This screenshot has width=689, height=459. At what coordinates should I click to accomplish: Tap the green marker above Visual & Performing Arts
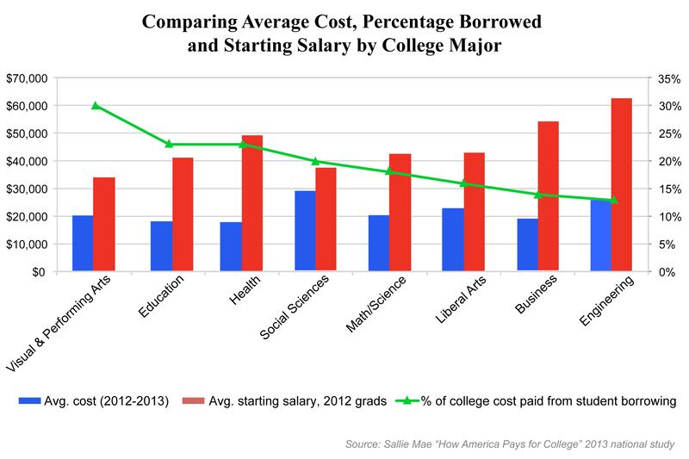[96, 105]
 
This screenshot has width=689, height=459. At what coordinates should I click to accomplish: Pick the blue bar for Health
[231, 246]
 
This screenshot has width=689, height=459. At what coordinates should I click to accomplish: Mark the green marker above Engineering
[613, 200]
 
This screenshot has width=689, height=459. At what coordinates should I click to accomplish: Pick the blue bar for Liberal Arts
[452, 239]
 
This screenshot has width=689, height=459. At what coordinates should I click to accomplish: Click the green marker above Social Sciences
[315, 161]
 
